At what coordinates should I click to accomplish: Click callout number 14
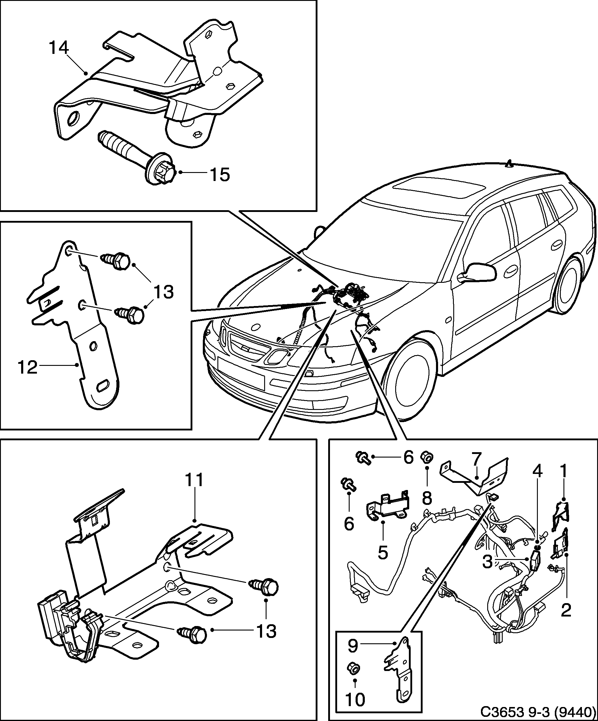[59, 48]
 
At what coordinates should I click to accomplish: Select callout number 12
[27, 368]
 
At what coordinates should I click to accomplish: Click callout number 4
[538, 472]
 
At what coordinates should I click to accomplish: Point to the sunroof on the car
[440, 189]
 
